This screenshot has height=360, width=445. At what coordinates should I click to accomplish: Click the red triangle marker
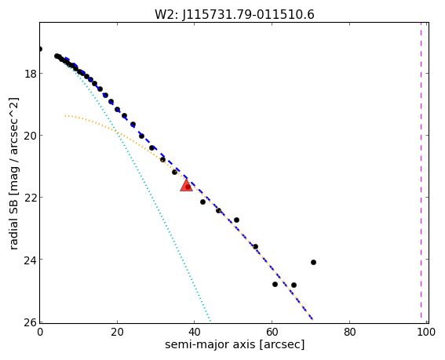187,185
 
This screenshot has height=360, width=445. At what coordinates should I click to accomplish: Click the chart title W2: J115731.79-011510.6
235,14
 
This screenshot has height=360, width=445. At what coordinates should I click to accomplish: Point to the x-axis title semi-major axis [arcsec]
235,344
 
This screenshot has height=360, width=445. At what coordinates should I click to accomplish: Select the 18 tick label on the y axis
30,74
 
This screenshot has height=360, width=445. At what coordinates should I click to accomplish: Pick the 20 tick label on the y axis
30,136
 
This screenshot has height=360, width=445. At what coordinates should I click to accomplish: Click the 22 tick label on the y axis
30,198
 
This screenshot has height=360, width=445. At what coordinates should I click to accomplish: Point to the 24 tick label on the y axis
30,260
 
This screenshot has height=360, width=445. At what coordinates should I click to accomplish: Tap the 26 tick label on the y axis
30,322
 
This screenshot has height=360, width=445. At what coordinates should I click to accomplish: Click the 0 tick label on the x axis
40,332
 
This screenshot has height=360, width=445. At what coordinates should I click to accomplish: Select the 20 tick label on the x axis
117,332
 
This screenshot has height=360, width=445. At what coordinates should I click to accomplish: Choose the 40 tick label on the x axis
195,332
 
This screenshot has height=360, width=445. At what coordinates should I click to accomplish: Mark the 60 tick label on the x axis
272,332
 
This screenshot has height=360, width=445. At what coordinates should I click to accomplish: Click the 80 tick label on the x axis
349,332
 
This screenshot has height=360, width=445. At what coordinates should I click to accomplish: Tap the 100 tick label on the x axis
426,332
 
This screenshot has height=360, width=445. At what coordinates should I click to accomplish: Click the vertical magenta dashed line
421,170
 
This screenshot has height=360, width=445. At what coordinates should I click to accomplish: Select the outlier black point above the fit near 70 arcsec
313,263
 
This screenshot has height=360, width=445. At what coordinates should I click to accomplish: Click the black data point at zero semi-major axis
40,49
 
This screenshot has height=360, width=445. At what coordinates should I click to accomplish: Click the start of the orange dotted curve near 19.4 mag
65,115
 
